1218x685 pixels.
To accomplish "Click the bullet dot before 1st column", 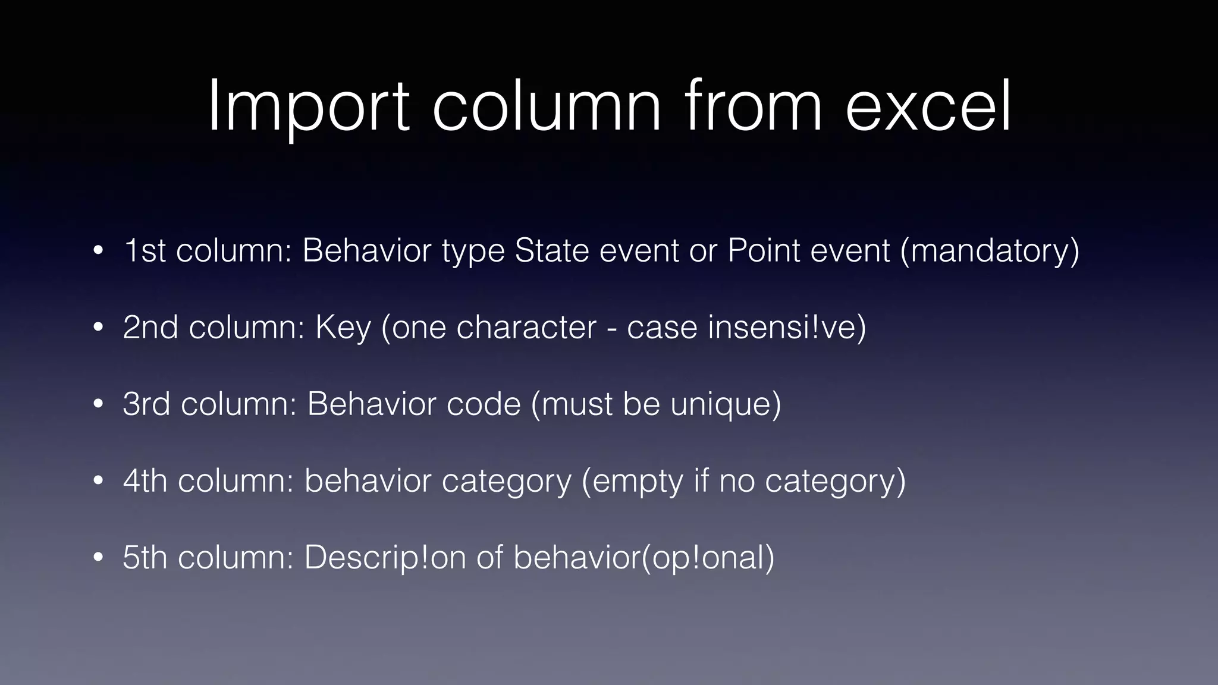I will tap(99, 250).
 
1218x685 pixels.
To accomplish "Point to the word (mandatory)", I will tap(990, 250).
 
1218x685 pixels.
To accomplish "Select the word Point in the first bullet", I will tap(764, 250).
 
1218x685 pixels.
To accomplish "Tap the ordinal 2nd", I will tap(150, 327).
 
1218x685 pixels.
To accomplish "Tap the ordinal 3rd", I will tap(146, 404).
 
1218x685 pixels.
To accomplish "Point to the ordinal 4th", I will tap(145, 480).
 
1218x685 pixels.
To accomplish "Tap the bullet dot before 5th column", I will tap(99, 558).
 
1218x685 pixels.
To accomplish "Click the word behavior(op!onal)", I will tap(644, 558).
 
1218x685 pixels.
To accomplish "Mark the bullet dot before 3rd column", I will tap(99, 404).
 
